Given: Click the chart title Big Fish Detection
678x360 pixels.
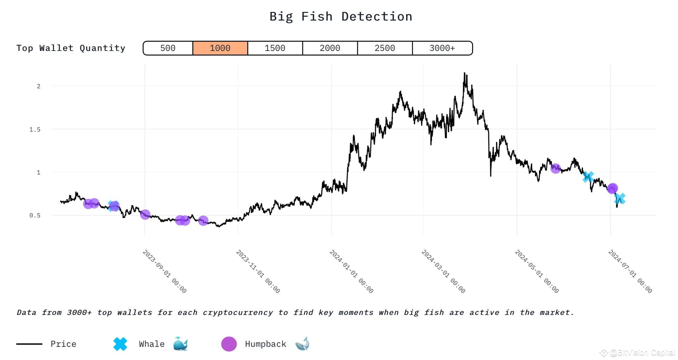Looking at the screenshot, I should point(341,17).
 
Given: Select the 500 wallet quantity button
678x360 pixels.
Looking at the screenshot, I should point(168,48).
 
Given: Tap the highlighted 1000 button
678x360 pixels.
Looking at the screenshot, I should point(220,48).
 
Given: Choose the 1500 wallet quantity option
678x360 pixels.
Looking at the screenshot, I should point(275,48).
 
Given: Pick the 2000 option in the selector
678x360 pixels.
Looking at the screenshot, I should point(330,48).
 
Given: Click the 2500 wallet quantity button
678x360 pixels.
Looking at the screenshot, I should point(385,48).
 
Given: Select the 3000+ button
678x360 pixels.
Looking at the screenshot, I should point(442,48).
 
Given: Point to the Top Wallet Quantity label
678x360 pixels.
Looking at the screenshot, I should point(71,48).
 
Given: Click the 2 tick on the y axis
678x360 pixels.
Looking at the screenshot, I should point(39,86).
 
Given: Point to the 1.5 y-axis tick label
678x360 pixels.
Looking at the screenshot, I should point(35,129).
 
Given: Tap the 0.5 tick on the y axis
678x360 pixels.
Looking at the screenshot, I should point(35,215).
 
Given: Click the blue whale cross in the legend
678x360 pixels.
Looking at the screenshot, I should point(120,344).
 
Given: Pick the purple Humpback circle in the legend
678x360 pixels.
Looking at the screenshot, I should point(229,344).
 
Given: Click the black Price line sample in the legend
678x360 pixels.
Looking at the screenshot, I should point(29,344).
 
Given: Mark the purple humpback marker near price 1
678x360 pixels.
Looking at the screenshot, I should point(556,168).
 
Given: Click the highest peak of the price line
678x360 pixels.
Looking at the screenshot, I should point(464,73).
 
